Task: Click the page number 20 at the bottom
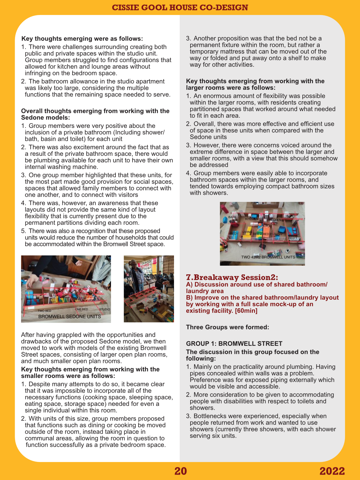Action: point(181,471)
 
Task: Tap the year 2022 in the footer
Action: point(332,471)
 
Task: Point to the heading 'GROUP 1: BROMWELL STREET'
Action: point(234,344)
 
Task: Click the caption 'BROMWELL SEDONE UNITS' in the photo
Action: point(69,316)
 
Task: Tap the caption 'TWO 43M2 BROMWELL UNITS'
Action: point(268,257)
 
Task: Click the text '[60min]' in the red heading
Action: point(246,311)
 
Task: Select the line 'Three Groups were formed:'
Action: point(227,327)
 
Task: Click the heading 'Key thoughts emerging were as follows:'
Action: point(82,39)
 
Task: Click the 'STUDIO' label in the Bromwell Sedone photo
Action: point(104,309)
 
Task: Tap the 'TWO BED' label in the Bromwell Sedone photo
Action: point(44,311)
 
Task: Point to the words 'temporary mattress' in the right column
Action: point(215,52)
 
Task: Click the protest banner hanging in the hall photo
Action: point(146,263)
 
